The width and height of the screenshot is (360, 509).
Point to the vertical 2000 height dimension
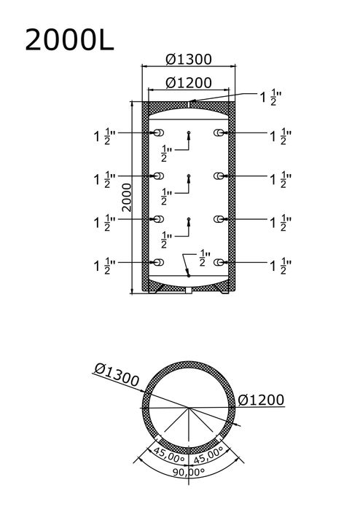(127, 197)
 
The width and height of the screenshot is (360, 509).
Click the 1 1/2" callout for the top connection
(275, 97)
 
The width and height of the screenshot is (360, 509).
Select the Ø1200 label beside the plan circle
(260, 401)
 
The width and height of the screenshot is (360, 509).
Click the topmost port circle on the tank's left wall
(157, 133)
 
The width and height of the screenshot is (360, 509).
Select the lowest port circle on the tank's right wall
(219, 261)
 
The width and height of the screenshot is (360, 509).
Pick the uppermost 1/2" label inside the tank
(165, 153)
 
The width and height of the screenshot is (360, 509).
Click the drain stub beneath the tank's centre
(188, 291)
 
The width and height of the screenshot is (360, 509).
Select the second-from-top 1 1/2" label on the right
(281, 178)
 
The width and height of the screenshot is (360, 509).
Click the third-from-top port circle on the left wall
(157, 218)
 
